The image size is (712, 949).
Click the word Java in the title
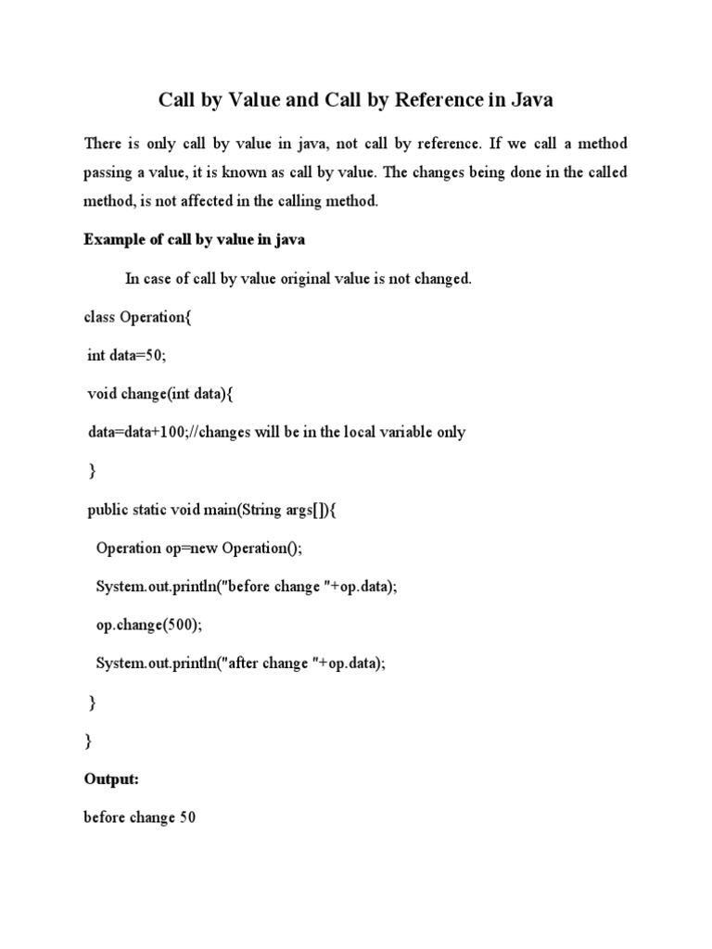click(x=530, y=99)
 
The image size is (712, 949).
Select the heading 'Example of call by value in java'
click(x=195, y=240)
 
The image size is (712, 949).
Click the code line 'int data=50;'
click(x=126, y=356)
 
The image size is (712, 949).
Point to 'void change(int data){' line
click(x=161, y=394)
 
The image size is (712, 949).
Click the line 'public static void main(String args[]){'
click(x=232, y=510)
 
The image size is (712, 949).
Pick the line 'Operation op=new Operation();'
click(x=199, y=548)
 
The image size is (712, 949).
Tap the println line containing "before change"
click(x=247, y=587)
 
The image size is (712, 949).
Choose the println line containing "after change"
click(x=239, y=664)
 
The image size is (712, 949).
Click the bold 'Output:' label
click(x=111, y=779)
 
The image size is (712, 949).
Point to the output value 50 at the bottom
click(x=187, y=818)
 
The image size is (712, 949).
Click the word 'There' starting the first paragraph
click(x=103, y=144)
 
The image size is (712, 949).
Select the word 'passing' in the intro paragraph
click(x=109, y=172)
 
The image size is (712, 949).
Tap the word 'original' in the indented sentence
click(x=298, y=279)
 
